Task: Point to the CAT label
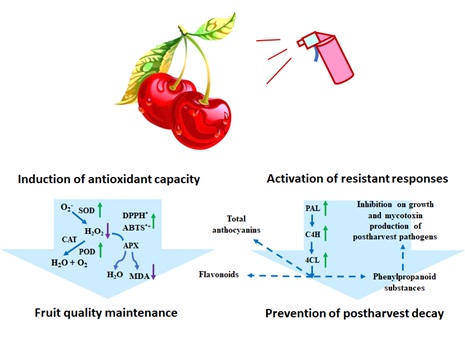pos(71,240)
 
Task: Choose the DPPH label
pos(147,214)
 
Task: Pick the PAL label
pos(312,208)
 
